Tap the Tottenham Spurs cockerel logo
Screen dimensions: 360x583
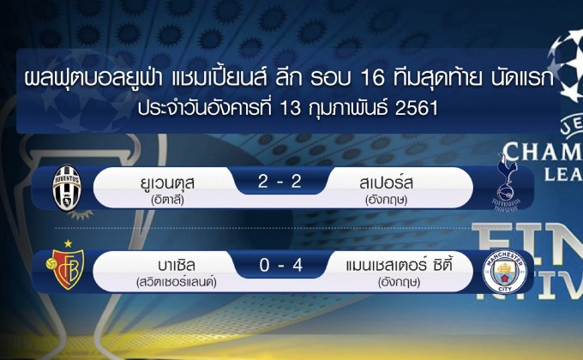coord(512,180)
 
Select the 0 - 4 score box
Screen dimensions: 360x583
coord(270,266)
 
